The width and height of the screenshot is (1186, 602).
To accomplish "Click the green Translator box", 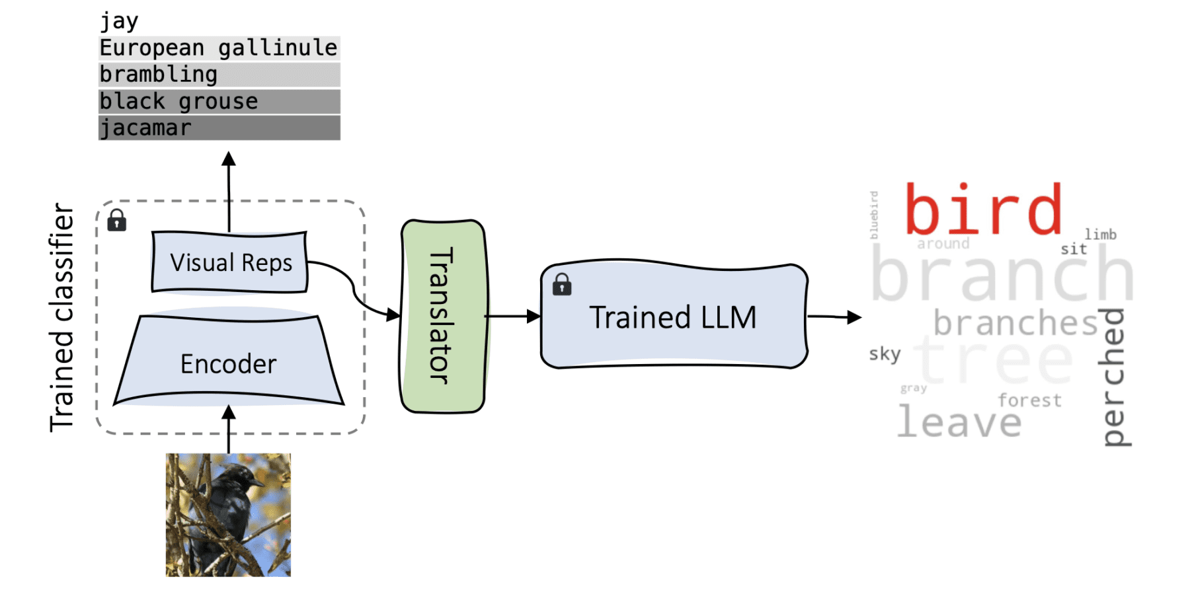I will (443, 316).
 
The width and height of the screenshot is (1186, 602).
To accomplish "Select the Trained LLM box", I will (673, 317).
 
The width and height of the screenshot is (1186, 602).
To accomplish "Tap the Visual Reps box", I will (230, 262).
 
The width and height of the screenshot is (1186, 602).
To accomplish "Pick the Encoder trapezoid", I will (229, 363).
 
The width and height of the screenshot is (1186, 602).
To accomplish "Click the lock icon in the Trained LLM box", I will (562, 285).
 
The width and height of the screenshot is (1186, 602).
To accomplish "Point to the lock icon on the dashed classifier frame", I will (117, 220).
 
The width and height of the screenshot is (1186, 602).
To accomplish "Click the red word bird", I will (982, 210).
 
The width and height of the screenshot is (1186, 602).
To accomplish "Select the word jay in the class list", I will (119, 21).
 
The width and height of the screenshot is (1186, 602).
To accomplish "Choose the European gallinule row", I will (219, 48).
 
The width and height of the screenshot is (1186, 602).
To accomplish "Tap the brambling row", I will (219, 75).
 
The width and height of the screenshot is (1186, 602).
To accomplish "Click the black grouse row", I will (219, 102).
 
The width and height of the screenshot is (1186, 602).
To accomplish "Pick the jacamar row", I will (219, 128).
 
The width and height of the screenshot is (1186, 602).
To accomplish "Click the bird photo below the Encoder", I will (228, 514).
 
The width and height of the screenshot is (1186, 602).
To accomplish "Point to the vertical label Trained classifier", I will (62, 317).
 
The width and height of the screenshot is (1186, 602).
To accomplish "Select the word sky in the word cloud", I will (885, 354).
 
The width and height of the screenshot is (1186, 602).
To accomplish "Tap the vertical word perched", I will (1115, 377).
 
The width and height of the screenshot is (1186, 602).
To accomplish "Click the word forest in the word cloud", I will (1029, 400).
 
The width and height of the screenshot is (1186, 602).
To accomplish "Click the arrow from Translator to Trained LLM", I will (513, 317).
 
